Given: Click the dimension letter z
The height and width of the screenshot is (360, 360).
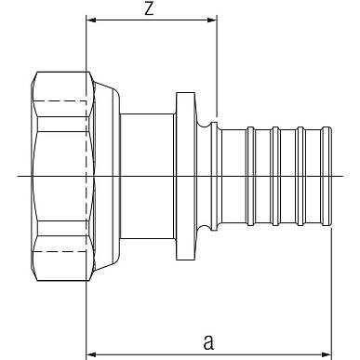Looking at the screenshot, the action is tap(149, 9).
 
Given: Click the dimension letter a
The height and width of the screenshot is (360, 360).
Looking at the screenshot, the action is tap(208, 341).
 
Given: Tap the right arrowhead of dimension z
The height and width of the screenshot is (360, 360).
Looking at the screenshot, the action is tap(211, 20).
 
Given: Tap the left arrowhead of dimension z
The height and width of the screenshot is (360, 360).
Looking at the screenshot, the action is tap(91, 20).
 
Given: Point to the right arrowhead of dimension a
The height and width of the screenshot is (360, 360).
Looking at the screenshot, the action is tap(327, 354).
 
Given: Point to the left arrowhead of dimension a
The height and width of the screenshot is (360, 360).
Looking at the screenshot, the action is tap(91, 354).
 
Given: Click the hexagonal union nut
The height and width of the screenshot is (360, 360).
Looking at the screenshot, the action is tap(62, 176).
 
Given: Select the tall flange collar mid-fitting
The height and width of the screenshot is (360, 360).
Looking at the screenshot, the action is tap(185, 176).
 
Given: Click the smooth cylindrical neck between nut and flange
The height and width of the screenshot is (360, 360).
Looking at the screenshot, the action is tap(147, 176).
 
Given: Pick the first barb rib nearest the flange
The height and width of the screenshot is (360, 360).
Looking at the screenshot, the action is tap(250, 176).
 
